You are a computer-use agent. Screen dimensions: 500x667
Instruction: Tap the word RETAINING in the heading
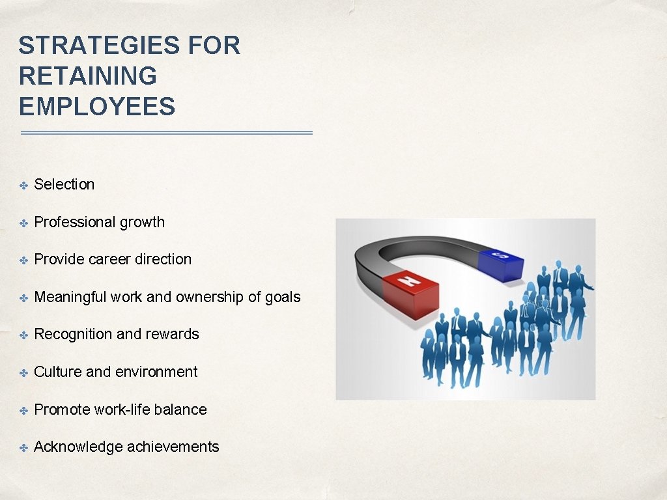point(88,76)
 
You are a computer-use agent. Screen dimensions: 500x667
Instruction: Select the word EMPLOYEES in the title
point(97,106)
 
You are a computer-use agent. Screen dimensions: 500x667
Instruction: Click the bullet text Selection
point(64,184)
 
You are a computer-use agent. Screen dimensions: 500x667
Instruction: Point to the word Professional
point(73,222)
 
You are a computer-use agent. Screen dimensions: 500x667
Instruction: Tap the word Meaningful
point(70,297)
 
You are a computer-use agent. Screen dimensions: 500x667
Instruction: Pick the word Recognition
point(73,334)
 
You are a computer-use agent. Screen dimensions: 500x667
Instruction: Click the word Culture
point(57,372)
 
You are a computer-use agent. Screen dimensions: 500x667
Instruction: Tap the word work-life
point(121,410)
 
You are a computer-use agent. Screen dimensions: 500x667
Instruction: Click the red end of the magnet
point(409,293)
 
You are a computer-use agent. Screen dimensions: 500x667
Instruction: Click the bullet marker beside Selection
point(23,186)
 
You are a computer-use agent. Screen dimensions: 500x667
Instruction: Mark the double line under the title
point(167,133)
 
